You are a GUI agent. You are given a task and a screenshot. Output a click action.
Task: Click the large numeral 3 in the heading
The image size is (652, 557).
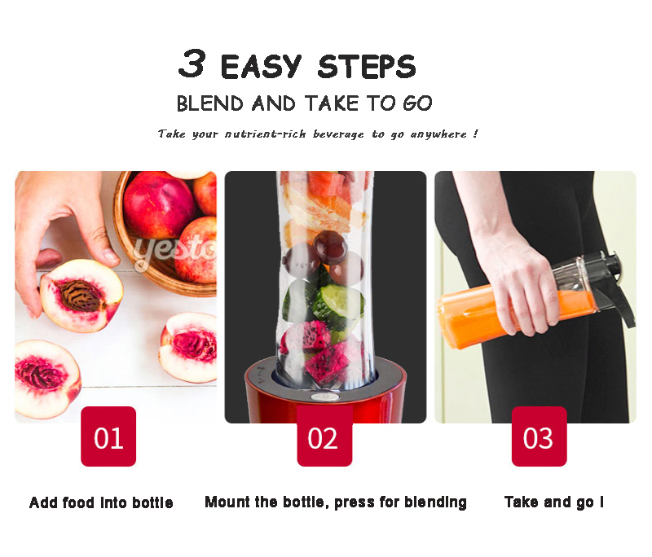[x=192, y=64]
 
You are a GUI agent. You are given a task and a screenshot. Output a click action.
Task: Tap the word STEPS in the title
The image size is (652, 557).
[x=367, y=67]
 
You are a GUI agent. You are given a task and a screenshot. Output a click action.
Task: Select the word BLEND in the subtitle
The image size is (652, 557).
[x=210, y=103]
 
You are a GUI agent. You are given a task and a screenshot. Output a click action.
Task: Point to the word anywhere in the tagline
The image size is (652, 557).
[x=438, y=134]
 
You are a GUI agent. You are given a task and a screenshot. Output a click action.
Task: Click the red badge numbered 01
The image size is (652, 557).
[x=108, y=436]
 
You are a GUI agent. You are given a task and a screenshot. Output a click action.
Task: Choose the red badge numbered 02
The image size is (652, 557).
[x=324, y=436]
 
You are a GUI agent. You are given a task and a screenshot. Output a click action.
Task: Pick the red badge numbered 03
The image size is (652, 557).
[x=539, y=436]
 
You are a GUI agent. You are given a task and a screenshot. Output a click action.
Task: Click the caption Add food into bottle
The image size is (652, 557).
[x=101, y=502]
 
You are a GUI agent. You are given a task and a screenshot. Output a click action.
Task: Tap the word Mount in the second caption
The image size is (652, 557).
[x=227, y=502]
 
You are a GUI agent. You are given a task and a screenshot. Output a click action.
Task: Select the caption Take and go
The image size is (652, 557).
[x=554, y=502]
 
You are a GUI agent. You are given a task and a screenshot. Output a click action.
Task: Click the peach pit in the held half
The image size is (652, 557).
[x=80, y=296]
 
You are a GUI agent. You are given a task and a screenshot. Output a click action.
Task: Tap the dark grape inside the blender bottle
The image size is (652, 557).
[x=331, y=248]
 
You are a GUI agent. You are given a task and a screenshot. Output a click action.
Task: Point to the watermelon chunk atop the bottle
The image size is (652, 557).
[x=327, y=184]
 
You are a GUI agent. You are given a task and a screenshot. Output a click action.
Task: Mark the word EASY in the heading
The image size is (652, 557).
[x=261, y=67]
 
